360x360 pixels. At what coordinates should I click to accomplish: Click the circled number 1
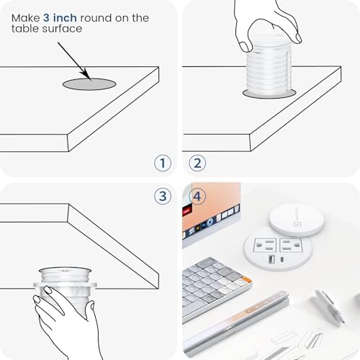click(163, 163)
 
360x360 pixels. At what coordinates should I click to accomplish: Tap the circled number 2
click(197, 163)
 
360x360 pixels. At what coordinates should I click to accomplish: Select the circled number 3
click(163, 196)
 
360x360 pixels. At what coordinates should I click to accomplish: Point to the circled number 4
click(197, 196)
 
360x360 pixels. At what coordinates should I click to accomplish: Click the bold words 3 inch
click(60, 18)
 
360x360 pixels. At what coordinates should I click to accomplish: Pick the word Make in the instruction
click(26, 18)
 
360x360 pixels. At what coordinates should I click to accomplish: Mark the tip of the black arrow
click(91, 80)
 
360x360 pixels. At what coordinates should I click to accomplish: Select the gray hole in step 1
click(89, 84)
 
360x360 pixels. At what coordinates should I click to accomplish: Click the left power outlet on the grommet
click(265, 245)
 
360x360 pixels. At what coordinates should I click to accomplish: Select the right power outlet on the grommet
click(290, 245)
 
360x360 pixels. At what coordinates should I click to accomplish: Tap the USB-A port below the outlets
click(272, 259)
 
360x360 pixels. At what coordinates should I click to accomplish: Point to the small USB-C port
click(282, 259)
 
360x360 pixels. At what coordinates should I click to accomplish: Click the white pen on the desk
click(328, 307)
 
